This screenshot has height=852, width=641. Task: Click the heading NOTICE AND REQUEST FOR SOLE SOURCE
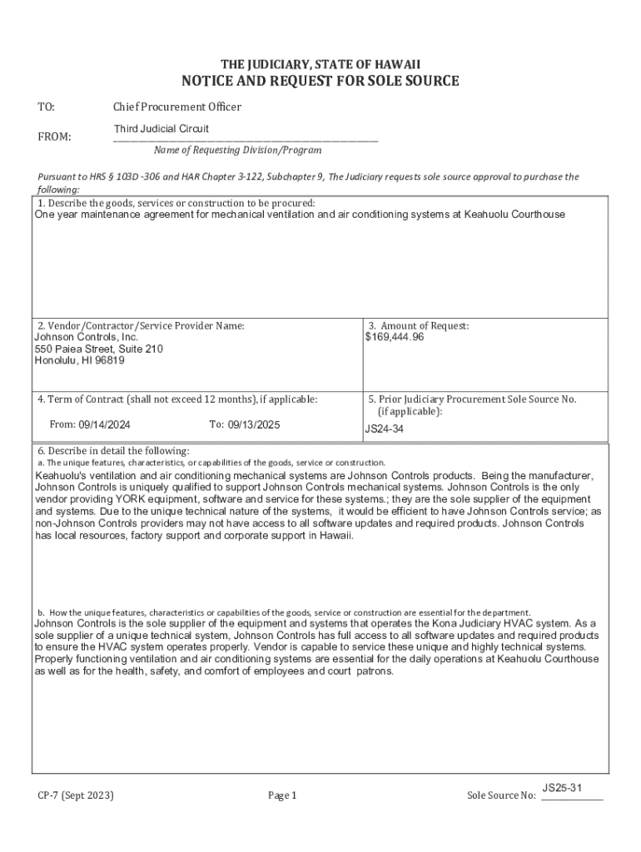320,81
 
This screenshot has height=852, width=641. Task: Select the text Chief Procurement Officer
177,106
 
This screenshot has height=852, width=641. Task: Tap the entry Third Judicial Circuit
161,129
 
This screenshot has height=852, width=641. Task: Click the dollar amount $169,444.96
395,337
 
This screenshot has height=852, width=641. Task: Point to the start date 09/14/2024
104,424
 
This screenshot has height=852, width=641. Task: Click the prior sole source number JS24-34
385,430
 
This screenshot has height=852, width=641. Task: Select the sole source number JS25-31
561,787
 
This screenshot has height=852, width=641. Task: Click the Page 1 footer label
282,795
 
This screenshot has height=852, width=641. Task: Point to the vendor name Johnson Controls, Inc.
86,337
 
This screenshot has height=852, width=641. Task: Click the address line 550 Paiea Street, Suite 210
98,349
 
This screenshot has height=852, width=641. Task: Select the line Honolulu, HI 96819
80,360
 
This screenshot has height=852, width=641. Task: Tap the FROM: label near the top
54,136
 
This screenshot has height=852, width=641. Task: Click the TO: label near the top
47,106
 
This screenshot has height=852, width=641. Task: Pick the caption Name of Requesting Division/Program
237,151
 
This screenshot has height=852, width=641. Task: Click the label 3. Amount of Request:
419,326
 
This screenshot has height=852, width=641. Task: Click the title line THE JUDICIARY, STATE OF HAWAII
320,64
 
